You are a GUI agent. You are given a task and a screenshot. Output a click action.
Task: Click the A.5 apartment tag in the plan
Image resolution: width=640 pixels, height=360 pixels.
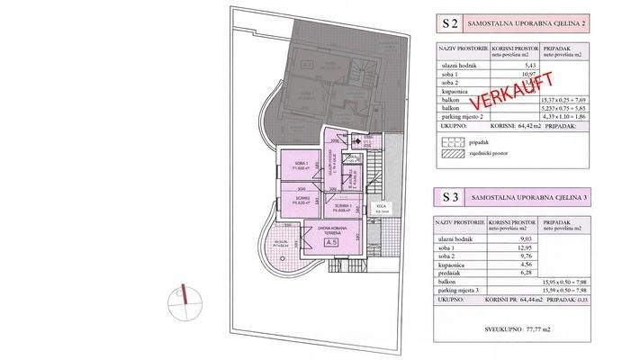[x=331, y=243]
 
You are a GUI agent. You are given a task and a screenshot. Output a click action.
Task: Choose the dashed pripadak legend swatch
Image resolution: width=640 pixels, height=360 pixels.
[x=449, y=142]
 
